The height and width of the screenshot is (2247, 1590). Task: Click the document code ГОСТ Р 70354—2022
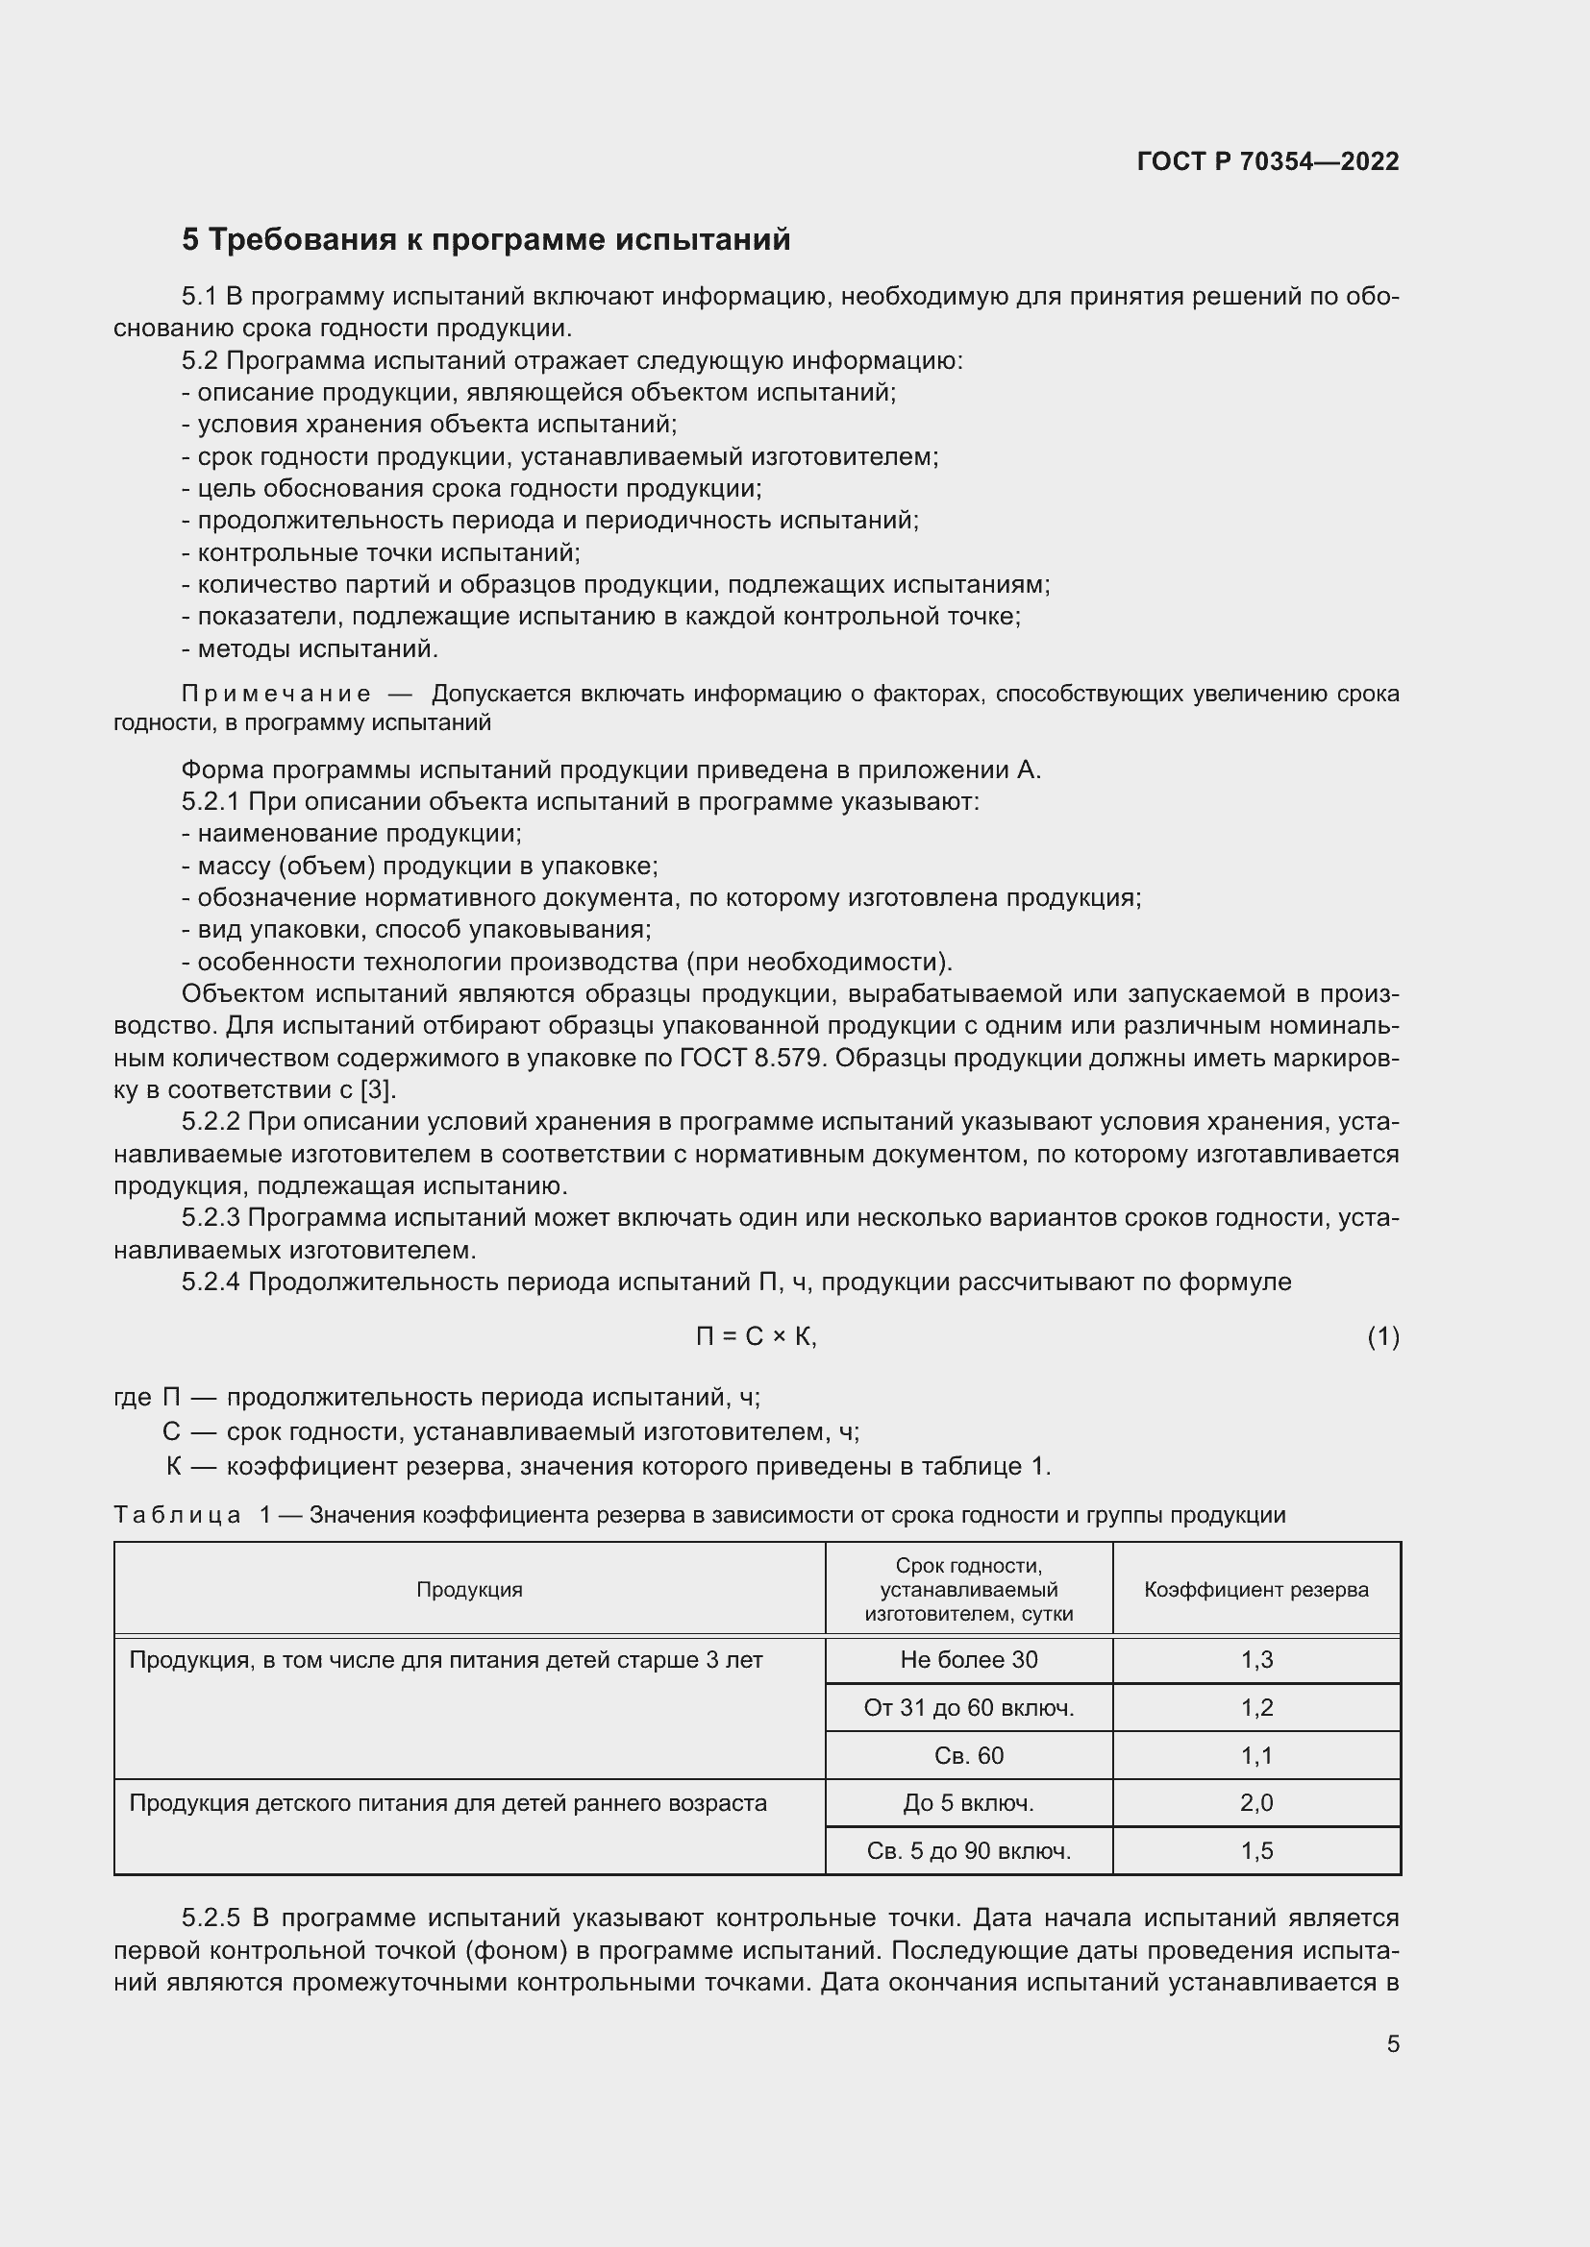[x=1268, y=161]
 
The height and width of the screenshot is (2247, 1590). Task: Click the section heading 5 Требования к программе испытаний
[x=485, y=240]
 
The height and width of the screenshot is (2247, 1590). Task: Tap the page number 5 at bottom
[x=1392, y=2043]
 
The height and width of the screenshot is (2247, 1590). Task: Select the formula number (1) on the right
[x=1382, y=1336]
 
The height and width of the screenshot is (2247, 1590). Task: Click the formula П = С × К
[x=756, y=1336]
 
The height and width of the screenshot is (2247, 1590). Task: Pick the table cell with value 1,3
[x=1256, y=1659]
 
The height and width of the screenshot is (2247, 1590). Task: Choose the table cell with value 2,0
[x=1256, y=1801]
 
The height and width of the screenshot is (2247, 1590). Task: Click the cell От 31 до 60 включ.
[x=968, y=1707]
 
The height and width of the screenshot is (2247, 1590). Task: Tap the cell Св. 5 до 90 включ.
[x=968, y=1849]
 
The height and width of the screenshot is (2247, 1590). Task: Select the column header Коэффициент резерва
[x=1256, y=1589]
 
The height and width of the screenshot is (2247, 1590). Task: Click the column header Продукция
[x=469, y=1589]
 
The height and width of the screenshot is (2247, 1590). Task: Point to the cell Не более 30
[x=968, y=1659]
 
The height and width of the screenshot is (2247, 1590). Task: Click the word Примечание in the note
[x=276, y=694]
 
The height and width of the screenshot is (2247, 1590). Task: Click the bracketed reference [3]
[x=377, y=1090]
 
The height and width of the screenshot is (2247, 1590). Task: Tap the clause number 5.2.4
[x=211, y=1282]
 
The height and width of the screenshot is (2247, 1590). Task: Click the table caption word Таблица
[x=177, y=1515]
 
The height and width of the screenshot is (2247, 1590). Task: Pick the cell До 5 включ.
[x=968, y=1801]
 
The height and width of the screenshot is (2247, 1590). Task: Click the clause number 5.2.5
[x=211, y=1917]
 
